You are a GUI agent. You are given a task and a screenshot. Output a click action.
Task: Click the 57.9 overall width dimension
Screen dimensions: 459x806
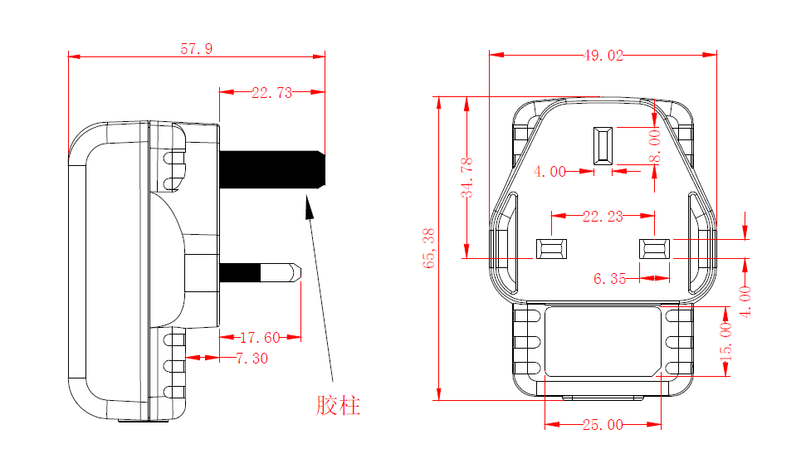point(197,49)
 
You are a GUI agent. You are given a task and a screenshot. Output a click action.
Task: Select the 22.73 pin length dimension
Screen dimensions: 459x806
point(272,93)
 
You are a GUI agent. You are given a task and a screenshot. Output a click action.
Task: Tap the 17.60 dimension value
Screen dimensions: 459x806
point(260,338)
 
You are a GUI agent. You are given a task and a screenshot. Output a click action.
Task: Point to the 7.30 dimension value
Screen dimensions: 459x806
point(252,359)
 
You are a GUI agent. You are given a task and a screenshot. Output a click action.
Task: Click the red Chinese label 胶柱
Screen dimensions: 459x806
point(339,406)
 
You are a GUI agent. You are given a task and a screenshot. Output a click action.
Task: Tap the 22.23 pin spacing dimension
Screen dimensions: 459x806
point(603,217)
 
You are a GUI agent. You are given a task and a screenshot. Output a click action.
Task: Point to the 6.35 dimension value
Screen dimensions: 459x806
point(610,279)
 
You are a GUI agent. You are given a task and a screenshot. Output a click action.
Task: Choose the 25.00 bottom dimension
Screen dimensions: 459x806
point(603,425)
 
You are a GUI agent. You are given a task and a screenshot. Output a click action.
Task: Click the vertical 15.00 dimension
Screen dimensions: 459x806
point(726,340)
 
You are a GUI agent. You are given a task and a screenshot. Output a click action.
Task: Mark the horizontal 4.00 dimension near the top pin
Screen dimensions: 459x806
point(550,172)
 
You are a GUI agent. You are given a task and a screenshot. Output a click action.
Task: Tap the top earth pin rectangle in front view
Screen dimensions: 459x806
point(603,144)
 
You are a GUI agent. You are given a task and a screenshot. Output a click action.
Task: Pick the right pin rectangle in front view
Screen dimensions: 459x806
point(654,248)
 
